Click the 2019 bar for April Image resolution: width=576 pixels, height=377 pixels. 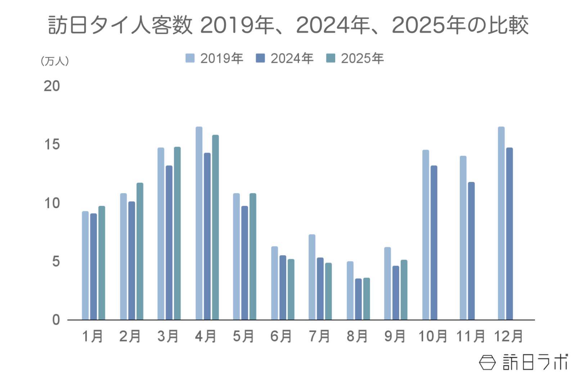pyautogui.click(x=199, y=223)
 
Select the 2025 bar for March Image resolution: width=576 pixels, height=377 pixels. pyautogui.click(x=177, y=233)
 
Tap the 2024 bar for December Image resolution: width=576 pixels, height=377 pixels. pyautogui.click(x=509, y=234)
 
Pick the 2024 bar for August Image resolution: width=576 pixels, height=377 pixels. pyautogui.click(x=358, y=299)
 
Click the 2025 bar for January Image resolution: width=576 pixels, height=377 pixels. pyautogui.click(x=102, y=263)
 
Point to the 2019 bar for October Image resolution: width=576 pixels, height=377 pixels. pyautogui.click(x=426, y=235)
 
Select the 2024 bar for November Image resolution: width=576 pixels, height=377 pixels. pyautogui.click(x=471, y=251)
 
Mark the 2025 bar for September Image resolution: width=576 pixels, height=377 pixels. pyautogui.click(x=404, y=290)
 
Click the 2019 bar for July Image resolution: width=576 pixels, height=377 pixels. pyautogui.click(x=312, y=277)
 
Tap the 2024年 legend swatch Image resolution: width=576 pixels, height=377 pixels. pyautogui.click(x=260, y=58)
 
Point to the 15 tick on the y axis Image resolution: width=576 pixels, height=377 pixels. pyautogui.click(x=52, y=145)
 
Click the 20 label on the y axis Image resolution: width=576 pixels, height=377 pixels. pyautogui.click(x=52, y=86)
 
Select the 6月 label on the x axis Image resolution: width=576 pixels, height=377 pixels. pyautogui.click(x=281, y=336)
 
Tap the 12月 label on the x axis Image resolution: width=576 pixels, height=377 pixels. pyautogui.click(x=508, y=336)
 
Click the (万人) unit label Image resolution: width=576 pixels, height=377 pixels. pyautogui.click(x=55, y=61)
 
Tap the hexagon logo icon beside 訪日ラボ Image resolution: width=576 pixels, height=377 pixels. pyautogui.click(x=487, y=362)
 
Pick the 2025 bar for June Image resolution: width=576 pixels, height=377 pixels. pyautogui.click(x=291, y=290)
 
